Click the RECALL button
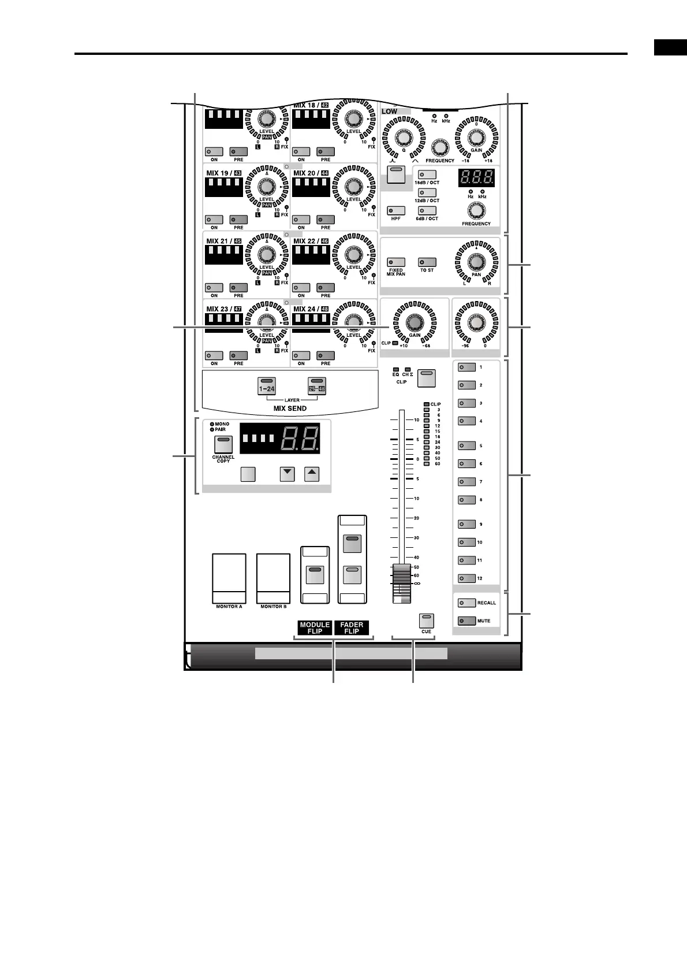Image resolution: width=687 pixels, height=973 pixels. click(466, 603)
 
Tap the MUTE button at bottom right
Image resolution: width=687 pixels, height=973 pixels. click(466, 621)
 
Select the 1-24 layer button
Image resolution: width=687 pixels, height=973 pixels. click(267, 385)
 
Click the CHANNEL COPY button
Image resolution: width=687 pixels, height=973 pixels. click(223, 445)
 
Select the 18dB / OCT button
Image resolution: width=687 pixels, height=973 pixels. click(427, 174)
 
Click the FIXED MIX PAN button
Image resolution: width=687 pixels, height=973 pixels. click(396, 262)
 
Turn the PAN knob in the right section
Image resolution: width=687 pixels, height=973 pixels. click(476, 262)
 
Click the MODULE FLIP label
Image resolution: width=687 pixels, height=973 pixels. click(315, 628)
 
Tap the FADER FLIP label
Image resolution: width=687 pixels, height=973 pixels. click(352, 628)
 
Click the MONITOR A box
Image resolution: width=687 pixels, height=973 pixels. click(229, 578)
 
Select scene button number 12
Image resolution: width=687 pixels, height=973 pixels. click(466, 578)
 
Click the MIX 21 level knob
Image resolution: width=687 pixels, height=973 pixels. click(266, 255)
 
